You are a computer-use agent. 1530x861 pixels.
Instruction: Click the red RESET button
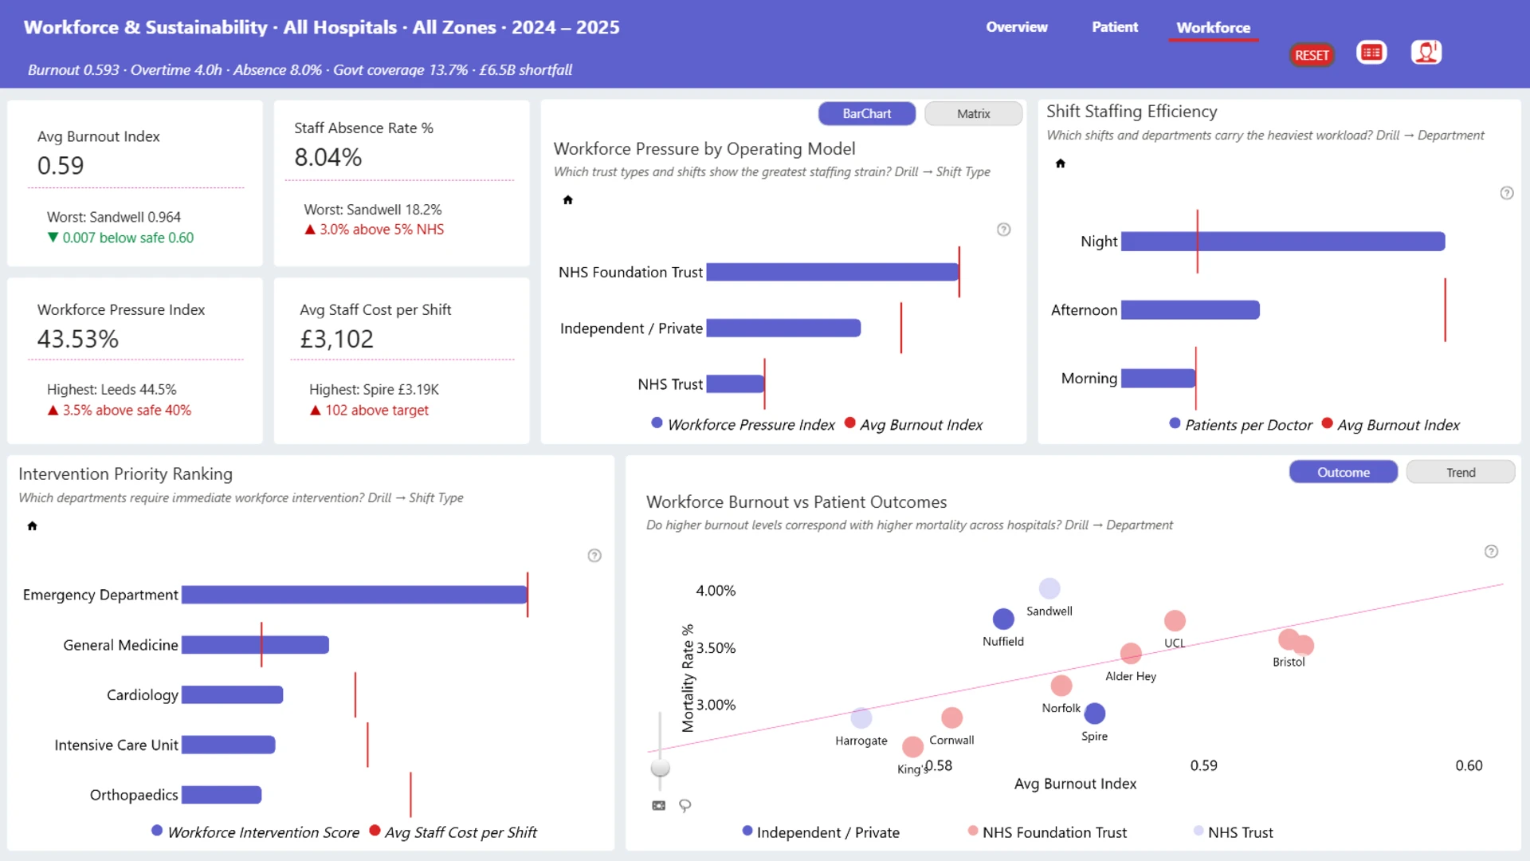1312,55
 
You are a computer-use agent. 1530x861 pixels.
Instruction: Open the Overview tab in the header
1017,27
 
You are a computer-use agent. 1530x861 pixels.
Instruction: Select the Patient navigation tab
1115,27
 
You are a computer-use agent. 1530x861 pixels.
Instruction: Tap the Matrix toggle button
973,114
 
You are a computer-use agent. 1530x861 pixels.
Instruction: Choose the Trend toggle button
1461,473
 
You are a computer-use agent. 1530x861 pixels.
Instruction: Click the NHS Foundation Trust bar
833,272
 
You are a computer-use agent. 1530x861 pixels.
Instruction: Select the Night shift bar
1283,242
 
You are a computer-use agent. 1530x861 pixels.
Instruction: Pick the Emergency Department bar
355,595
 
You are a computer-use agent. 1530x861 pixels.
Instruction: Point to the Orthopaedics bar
222,795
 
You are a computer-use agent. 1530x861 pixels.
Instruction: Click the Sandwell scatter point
1049,588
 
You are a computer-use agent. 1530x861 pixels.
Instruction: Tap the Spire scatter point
1095,714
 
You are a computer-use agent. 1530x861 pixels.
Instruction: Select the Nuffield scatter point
1003,619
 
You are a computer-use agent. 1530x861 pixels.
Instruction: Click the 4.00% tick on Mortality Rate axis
716,591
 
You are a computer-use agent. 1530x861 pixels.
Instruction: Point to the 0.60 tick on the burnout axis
1469,765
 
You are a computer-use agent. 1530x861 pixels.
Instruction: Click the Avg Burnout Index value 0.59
61,166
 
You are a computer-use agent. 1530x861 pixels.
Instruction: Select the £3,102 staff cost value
336,340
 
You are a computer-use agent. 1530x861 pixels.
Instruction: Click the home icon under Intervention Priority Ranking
32,526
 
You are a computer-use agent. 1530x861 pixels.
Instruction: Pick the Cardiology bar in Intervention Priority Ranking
233,695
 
